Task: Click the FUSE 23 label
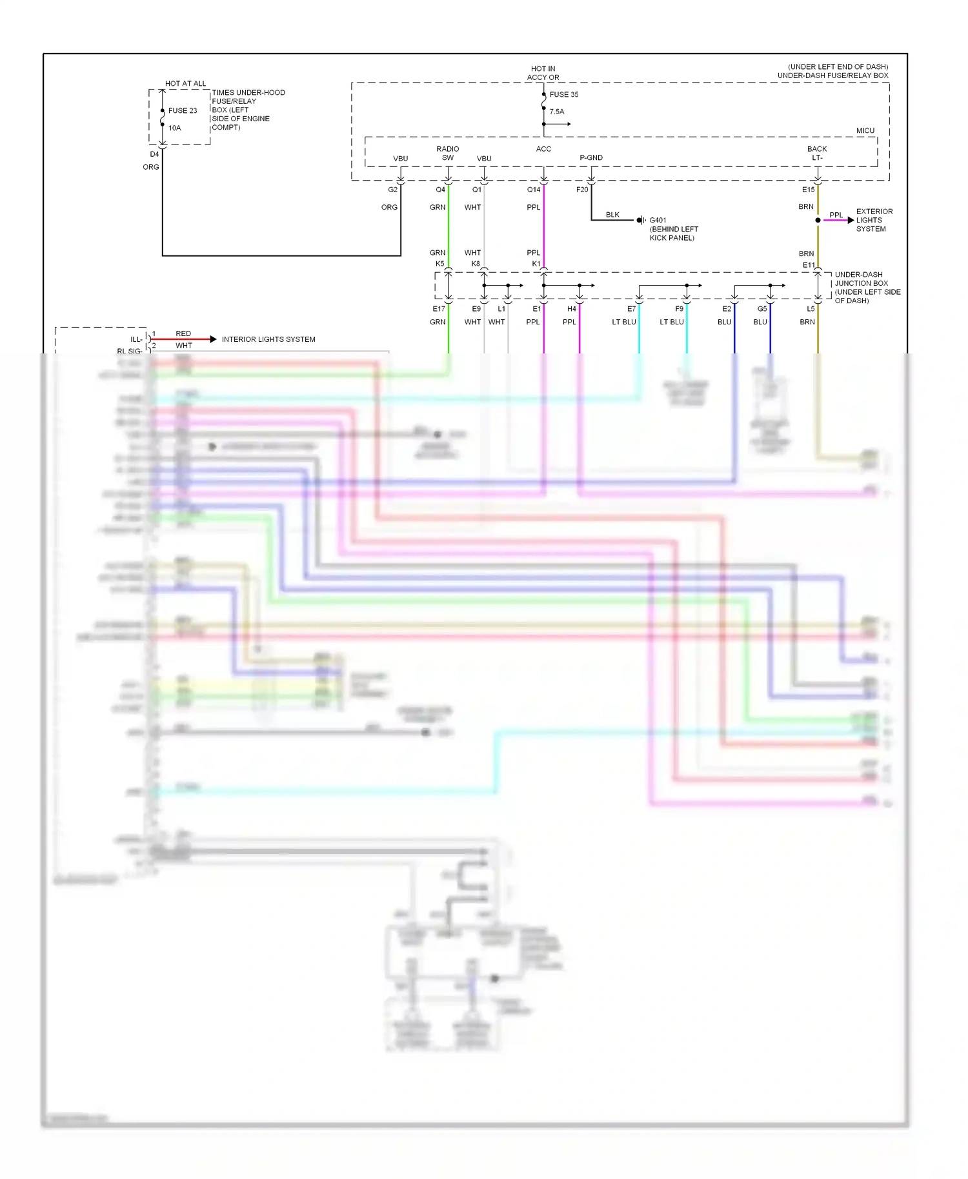tap(183, 111)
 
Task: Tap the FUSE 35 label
tap(563, 95)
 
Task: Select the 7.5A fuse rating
tap(556, 112)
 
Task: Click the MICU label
tap(865, 131)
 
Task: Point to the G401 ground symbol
tap(641, 221)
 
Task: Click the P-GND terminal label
tap(590, 158)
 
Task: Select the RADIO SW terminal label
tap(447, 154)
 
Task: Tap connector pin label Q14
tap(533, 190)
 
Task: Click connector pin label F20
tap(581, 190)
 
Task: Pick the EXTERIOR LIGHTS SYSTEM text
tap(874, 221)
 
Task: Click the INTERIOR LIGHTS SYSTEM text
tap(268, 340)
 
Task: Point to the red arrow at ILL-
tap(213, 339)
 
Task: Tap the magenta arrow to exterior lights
tap(851, 221)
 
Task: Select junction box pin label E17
tap(438, 310)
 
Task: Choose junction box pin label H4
tap(571, 310)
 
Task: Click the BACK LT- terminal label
tap(816, 154)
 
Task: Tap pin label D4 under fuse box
tap(154, 155)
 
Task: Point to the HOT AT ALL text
tap(185, 84)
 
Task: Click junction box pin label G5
tap(761, 310)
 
